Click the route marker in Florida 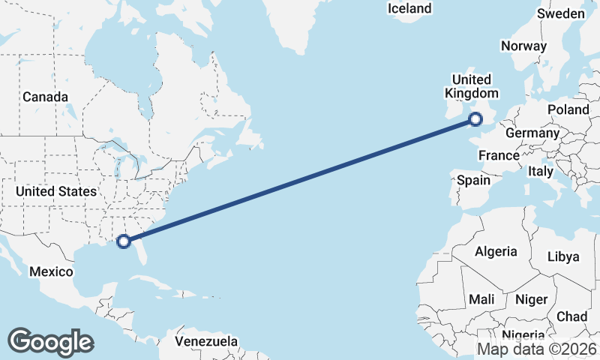pyautogui.click(x=124, y=241)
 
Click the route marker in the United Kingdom pyautogui.click(x=475, y=118)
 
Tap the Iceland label pyautogui.click(x=409, y=8)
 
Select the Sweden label pyautogui.click(x=561, y=13)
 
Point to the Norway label pyautogui.click(x=523, y=46)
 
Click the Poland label pyautogui.click(x=568, y=109)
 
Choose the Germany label pyautogui.click(x=532, y=133)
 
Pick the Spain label pyautogui.click(x=473, y=180)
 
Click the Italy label pyautogui.click(x=541, y=171)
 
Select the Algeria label pyautogui.click(x=496, y=251)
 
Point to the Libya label pyautogui.click(x=563, y=256)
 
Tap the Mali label pyautogui.click(x=481, y=299)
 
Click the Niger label pyautogui.click(x=532, y=299)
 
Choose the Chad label pyautogui.click(x=572, y=316)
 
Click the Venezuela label pyautogui.click(x=206, y=341)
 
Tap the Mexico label pyautogui.click(x=51, y=271)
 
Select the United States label pyautogui.click(x=56, y=191)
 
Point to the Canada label pyautogui.click(x=45, y=97)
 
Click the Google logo pyautogui.click(x=50, y=342)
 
